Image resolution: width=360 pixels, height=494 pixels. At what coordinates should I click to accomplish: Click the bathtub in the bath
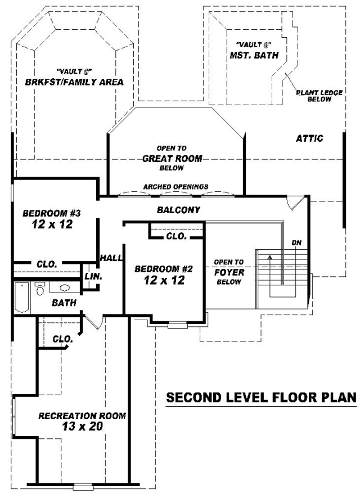pos(22,298)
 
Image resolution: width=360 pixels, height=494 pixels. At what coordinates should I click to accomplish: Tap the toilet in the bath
pos(40,289)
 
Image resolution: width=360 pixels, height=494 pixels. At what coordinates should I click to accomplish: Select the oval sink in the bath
pos(65,288)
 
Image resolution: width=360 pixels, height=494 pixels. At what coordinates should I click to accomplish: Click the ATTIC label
pos(309,138)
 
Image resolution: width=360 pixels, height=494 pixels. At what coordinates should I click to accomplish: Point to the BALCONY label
pos(178,210)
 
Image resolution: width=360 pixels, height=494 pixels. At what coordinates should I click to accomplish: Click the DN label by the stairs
pos(296,242)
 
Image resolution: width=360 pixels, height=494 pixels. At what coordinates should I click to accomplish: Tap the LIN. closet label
pos(93,277)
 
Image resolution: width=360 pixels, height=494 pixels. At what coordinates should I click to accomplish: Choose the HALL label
pos(111,258)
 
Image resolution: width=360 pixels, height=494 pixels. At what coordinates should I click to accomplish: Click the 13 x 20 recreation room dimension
pos(83,426)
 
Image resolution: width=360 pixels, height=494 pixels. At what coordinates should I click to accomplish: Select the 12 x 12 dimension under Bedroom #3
pos(52,224)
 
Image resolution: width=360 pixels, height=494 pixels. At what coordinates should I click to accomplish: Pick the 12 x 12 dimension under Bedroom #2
pos(164,280)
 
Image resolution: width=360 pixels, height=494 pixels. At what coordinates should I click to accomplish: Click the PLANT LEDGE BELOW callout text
pos(319,96)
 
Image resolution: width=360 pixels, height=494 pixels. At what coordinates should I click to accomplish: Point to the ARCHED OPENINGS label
pos(175,187)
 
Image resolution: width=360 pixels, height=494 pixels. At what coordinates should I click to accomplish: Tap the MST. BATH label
pos(254,56)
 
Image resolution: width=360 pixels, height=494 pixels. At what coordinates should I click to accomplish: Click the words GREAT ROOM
pos(172,159)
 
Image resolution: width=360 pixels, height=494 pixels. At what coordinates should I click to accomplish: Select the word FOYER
pos(229,272)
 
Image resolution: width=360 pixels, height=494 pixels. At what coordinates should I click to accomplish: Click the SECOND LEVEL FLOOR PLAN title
pos(262,398)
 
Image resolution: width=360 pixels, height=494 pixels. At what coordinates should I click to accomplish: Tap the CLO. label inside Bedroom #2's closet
pos(177,236)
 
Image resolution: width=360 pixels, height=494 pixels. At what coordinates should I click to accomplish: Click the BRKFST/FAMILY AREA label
pos(74,82)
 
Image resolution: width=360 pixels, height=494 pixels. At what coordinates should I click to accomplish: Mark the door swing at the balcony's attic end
pos(295,203)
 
